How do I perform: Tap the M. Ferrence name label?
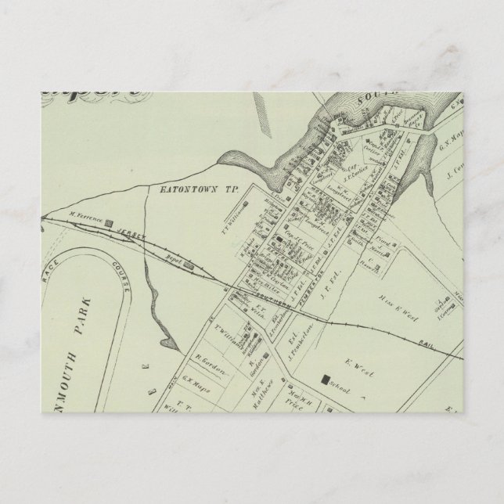tap(86, 217)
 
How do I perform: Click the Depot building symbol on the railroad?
tap(188, 265)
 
